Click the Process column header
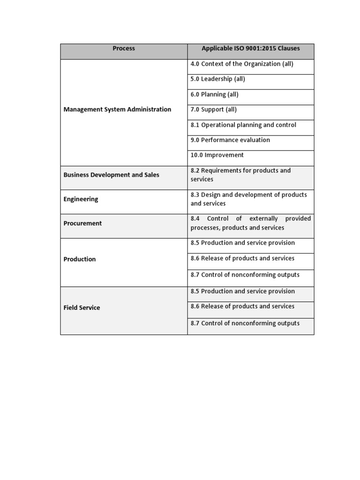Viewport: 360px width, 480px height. (x=124, y=48)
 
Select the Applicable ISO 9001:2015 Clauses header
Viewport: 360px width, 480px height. (x=251, y=48)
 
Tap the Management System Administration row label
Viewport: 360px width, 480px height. (x=117, y=109)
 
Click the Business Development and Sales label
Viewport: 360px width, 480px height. (x=111, y=175)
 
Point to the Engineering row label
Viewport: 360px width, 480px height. (x=81, y=199)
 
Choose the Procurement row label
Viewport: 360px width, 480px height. (x=82, y=224)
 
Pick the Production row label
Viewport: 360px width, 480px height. (x=80, y=259)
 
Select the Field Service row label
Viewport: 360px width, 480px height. (x=82, y=307)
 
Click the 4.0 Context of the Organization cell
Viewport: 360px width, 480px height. (x=242, y=64)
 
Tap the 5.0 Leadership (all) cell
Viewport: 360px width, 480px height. (x=218, y=79)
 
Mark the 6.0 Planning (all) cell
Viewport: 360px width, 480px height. (x=215, y=94)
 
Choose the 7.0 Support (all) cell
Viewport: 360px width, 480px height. (x=214, y=109)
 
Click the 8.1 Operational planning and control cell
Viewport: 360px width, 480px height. (x=243, y=125)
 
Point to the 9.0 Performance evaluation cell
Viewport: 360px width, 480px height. (x=230, y=140)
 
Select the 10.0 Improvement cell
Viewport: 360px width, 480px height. (x=217, y=155)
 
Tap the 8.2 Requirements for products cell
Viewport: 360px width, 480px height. (x=240, y=175)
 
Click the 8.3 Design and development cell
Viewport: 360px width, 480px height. (x=248, y=199)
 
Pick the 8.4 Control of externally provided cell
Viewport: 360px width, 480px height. (x=250, y=223)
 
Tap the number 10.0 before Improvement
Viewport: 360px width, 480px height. (x=197, y=155)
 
